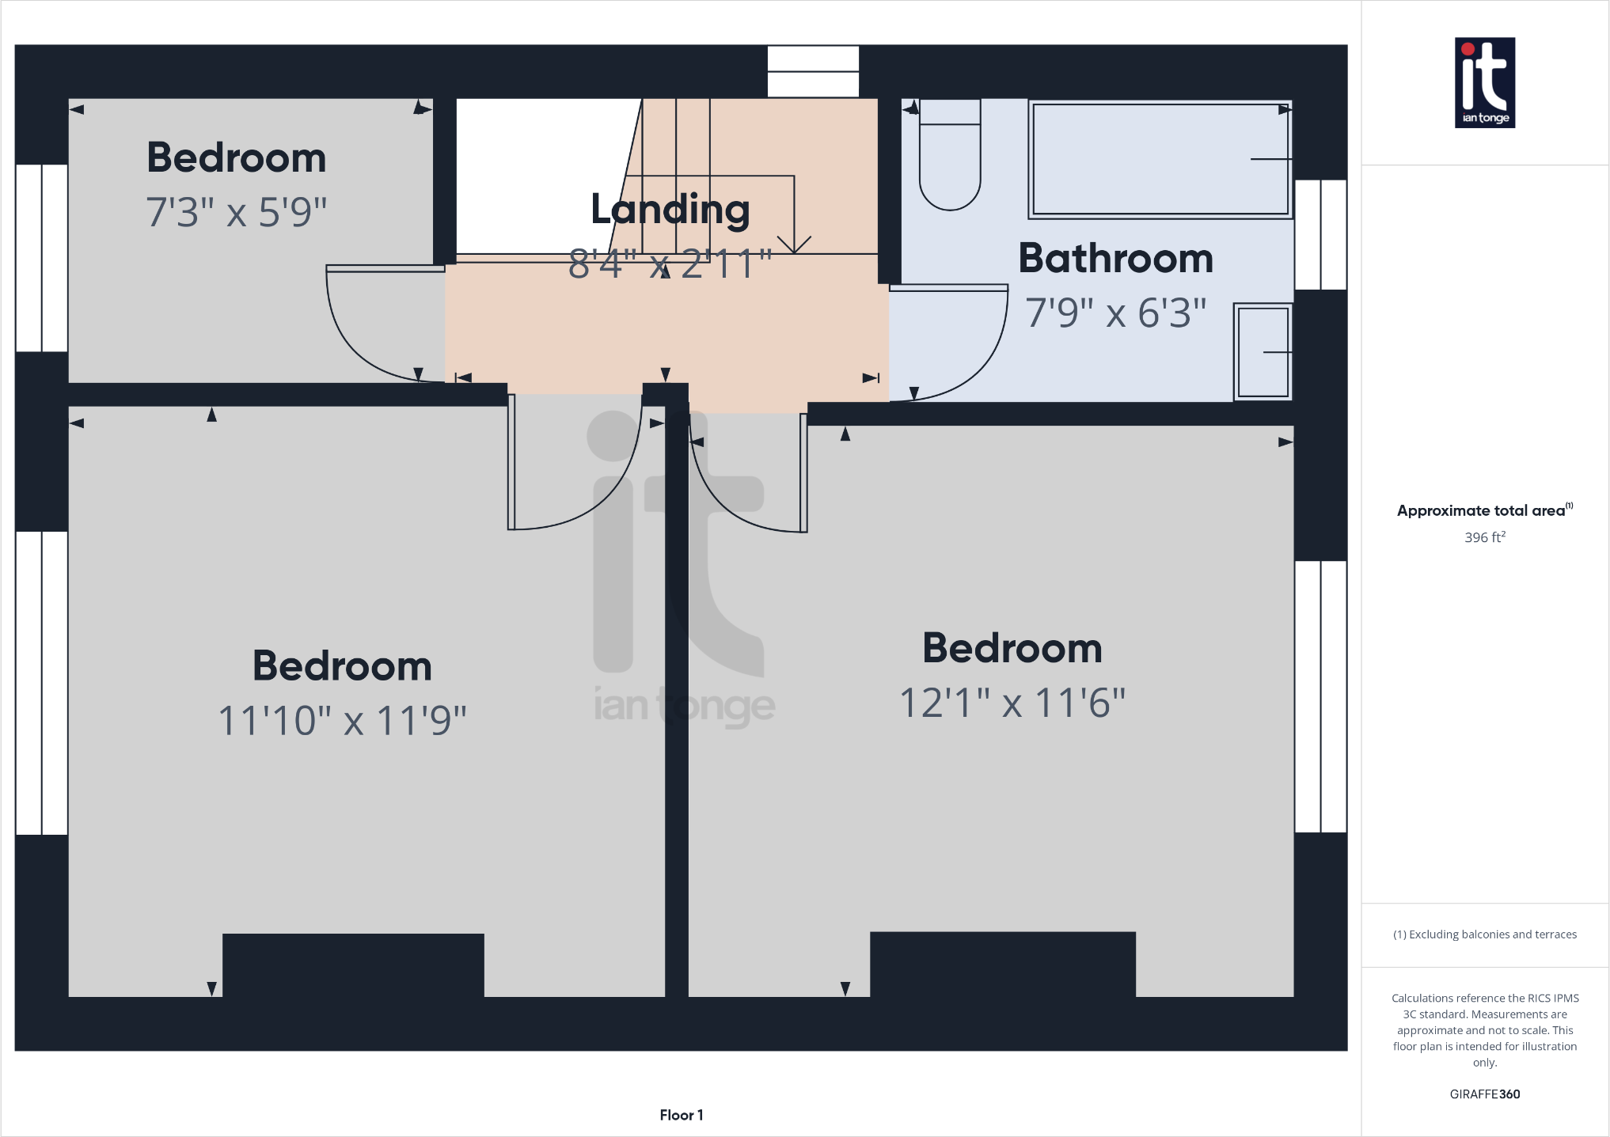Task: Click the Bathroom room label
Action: (x=1114, y=259)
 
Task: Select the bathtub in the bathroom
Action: (x=1160, y=159)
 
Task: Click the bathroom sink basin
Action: (x=1263, y=352)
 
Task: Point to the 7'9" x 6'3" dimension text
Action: (x=1114, y=313)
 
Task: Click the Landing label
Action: (x=670, y=210)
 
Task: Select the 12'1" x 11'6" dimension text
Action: (x=1012, y=703)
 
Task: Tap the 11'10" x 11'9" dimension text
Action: (x=342, y=721)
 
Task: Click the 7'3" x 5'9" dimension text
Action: (x=236, y=213)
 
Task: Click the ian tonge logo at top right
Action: (x=1484, y=82)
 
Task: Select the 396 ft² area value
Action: (x=1484, y=537)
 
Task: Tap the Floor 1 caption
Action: (x=681, y=1115)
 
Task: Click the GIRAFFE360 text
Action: (x=1484, y=1094)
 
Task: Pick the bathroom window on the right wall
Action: (x=1320, y=234)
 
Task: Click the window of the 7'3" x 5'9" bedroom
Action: (x=41, y=257)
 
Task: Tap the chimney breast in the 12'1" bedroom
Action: (x=1002, y=964)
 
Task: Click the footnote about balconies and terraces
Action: (x=1484, y=934)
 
